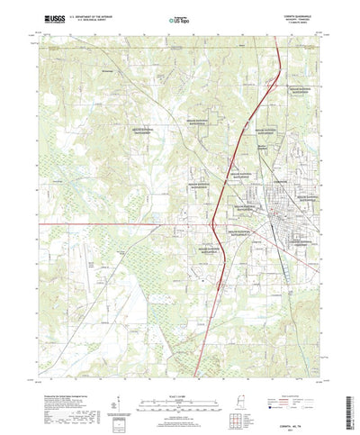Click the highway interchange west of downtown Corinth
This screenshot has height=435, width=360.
coord(213,223)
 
